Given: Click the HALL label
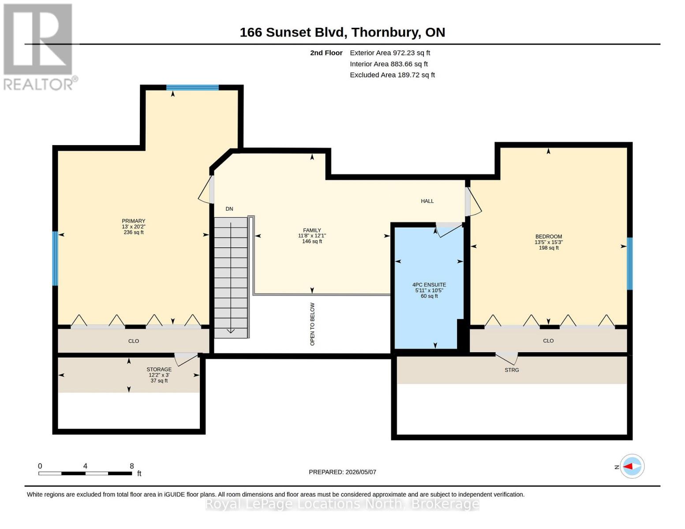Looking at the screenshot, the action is tap(427, 201).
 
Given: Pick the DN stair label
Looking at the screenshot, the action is tap(229, 209).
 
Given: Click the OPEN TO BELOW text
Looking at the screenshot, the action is tap(312, 324).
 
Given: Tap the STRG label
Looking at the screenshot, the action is tap(512, 370).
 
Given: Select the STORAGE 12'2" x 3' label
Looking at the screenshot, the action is tap(159, 375).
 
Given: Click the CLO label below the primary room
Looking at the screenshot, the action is tap(133, 341).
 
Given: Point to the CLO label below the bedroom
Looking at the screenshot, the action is tap(548, 341).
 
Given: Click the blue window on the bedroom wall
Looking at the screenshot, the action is tap(629, 263).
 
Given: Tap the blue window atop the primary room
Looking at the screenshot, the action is tap(192, 87).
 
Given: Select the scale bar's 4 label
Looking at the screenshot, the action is tap(85, 466).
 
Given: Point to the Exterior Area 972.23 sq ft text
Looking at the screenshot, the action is tap(390, 53).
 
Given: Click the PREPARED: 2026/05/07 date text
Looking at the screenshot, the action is tap(342, 472).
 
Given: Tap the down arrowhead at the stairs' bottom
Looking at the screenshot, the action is tap(230, 331).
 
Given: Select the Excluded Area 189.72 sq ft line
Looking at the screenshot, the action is tap(393, 75).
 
